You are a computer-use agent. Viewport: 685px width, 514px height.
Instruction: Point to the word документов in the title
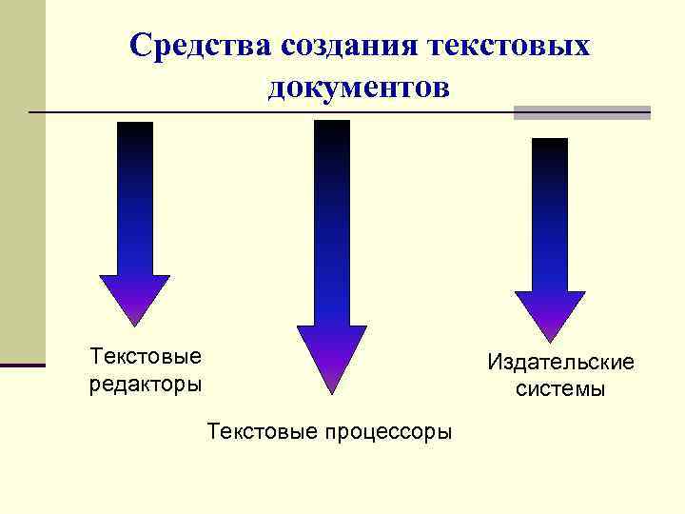coord(358,88)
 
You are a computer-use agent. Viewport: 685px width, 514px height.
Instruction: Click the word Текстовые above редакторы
coord(146,357)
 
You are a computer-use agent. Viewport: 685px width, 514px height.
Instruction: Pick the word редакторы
coord(146,385)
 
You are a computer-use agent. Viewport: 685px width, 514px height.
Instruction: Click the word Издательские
coord(560,363)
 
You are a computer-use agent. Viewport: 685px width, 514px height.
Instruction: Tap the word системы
coord(560,389)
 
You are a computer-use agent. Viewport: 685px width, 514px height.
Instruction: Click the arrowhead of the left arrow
coord(135,300)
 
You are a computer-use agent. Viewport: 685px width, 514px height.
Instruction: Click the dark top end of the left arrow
coord(135,133)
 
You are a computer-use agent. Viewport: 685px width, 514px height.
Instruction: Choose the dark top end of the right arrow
coord(550,148)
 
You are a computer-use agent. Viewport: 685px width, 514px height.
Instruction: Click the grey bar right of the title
coord(581,112)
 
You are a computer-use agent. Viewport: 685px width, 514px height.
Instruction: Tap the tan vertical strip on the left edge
coord(22,181)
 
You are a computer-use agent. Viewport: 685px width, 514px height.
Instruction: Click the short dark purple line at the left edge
coord(22,365)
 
